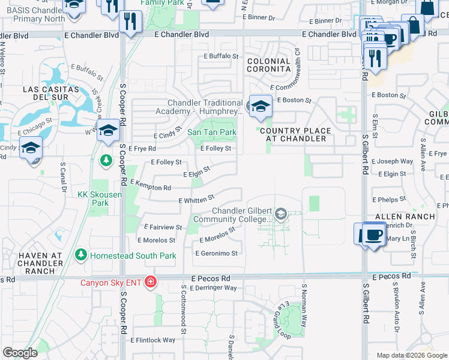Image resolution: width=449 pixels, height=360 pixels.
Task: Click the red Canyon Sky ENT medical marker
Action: click(150, 282)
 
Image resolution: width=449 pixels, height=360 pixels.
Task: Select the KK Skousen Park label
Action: click(93, 199)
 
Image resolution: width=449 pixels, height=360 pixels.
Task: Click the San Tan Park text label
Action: click(212, 132)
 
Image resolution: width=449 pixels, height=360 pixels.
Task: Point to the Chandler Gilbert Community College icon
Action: click(280, 214)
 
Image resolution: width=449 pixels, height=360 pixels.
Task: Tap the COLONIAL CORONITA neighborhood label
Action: click(268, 65)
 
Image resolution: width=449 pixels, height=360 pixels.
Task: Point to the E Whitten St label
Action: click(196, 200)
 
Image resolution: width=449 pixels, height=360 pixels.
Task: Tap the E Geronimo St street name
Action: click(216, 253)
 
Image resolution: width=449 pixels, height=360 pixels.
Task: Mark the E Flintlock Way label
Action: click(152, 340)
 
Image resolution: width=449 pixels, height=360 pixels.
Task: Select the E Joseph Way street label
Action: click(392, 161)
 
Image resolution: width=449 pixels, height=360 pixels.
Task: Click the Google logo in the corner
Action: click(20, 353)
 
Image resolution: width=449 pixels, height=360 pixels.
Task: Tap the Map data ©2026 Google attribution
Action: click(411, 355)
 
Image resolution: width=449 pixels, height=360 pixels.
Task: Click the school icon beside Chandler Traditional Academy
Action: click(260, 107)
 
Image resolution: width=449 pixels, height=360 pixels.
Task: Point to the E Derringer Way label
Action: click(213, 288)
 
